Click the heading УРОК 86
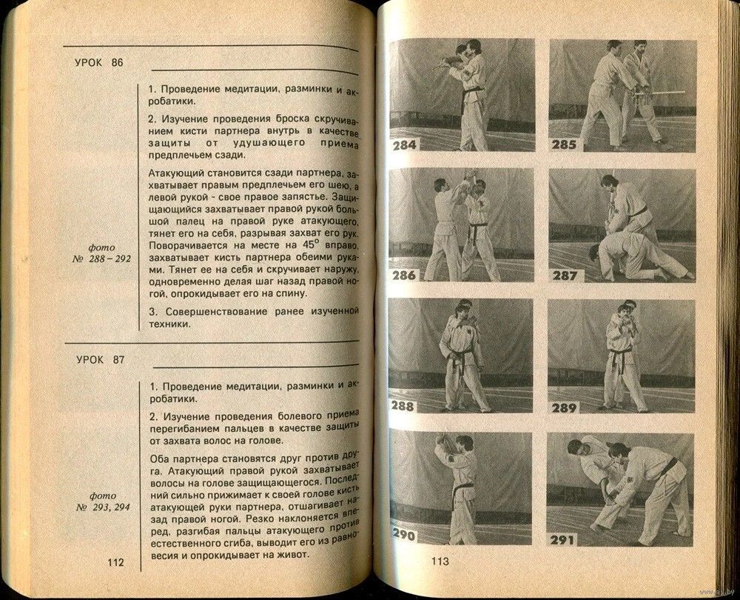pos(100,62)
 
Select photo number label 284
pos(405,144)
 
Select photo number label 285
pos(564,144)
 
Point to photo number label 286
pos(405,275)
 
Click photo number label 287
pos(564,275)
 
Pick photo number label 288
pos(405,406)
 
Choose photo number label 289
pos(564,406)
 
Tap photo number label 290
pos(405,533)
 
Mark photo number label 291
pos(564,533)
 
